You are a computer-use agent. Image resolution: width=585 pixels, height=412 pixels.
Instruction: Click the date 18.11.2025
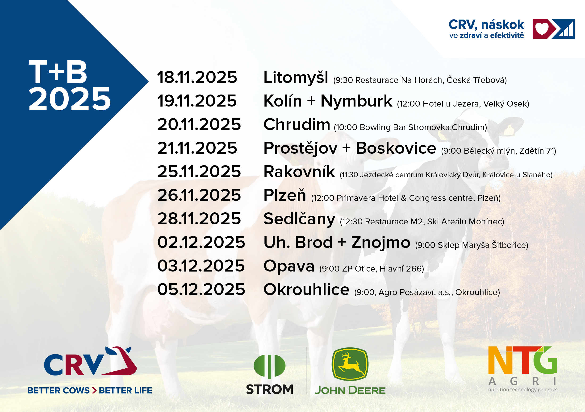pos(197,77)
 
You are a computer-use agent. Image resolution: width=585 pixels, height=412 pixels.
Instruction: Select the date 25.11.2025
pos(199,171)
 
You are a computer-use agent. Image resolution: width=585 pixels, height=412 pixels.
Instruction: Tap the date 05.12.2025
pos(201,289)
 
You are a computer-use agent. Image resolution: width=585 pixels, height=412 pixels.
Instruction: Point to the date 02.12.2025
pos(201,242)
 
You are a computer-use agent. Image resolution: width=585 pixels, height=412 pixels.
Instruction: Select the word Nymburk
pos(356,101)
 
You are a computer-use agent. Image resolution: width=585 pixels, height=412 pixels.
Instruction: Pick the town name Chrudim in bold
pos(297,124)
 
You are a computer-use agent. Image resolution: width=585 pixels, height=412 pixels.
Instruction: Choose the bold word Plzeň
pos(285,195)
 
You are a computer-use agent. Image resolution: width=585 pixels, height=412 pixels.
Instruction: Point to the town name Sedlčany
pos(299,219)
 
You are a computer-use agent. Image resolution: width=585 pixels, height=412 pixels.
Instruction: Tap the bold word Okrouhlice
pos(306,289)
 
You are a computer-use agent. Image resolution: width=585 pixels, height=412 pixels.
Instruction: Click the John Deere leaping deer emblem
pos(350,364)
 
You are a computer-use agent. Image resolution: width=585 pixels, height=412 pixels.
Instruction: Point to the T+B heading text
pos(58,72)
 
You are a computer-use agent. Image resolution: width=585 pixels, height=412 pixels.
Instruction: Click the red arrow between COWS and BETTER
pos(94,390)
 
